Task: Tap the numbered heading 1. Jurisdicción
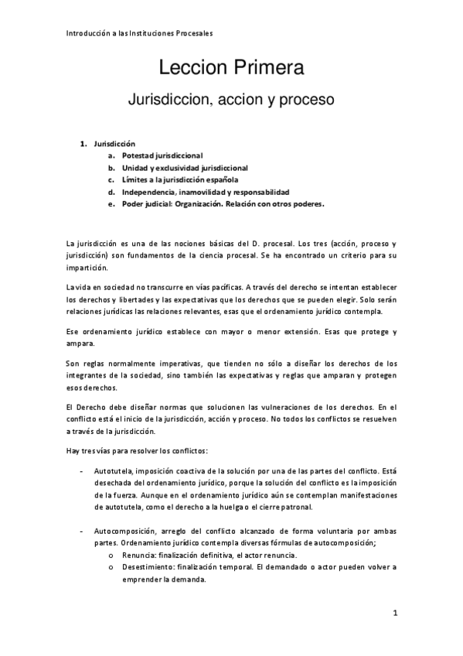(x=114, y=144)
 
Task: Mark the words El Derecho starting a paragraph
(x=86, y=408)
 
